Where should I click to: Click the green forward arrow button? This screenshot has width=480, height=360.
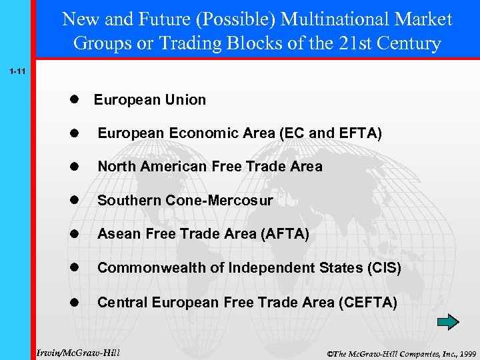coord(448,323)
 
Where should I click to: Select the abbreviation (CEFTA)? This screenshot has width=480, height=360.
coord(367,303)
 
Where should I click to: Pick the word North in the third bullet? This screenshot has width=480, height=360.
coord(115,167)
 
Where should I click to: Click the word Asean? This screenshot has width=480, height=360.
coord(117,234)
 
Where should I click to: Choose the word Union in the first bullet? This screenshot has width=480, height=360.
coord(187,100)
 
